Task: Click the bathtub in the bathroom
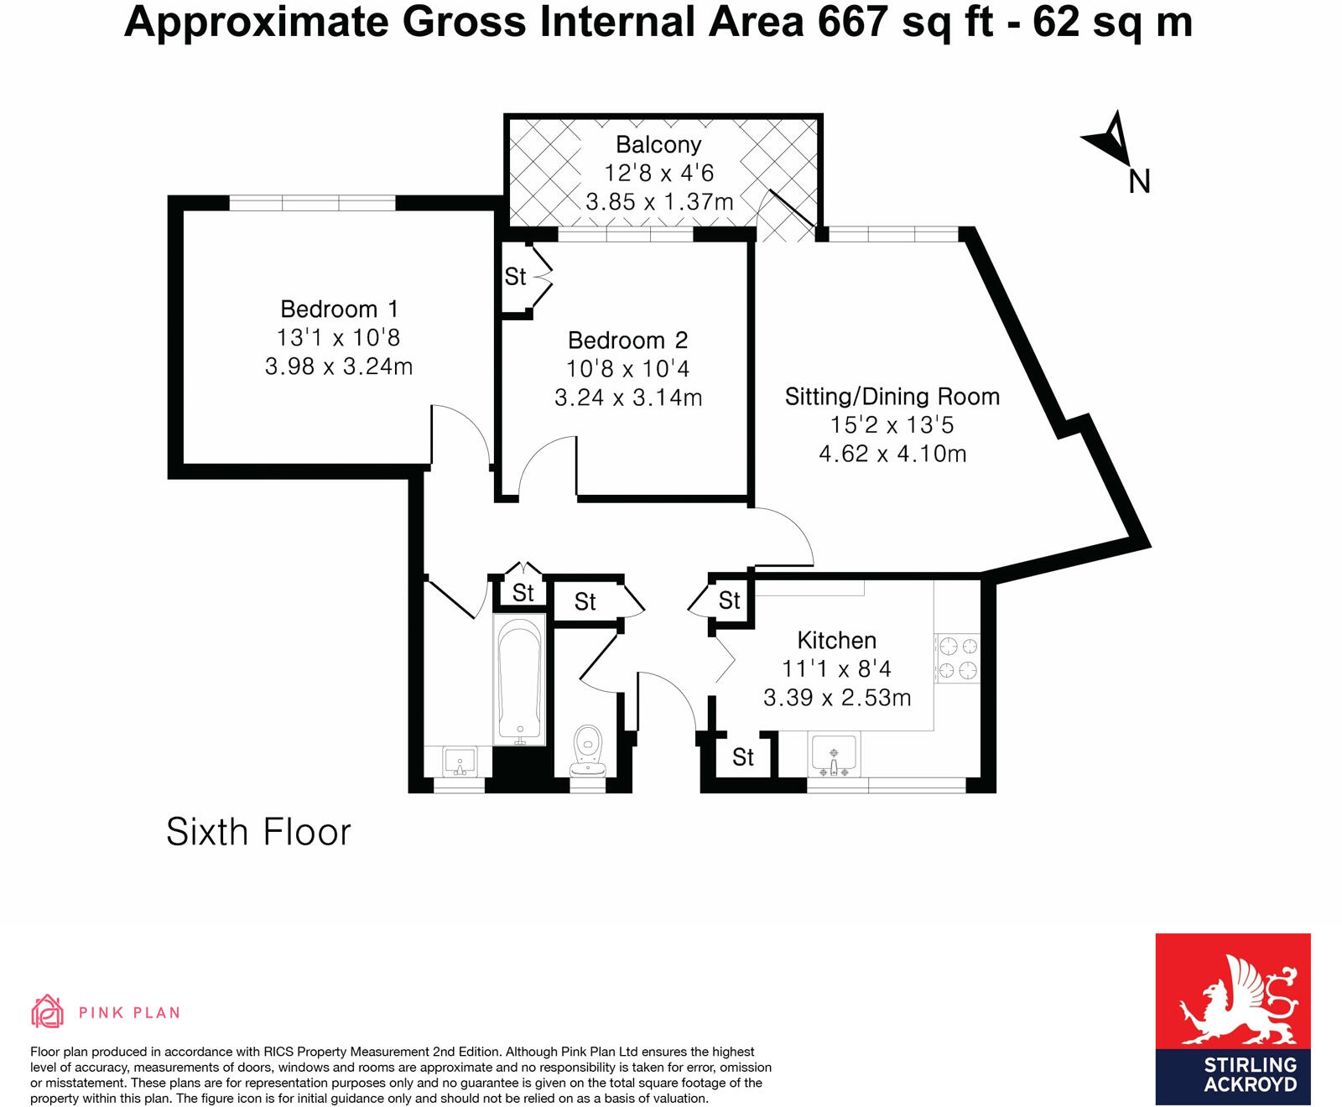[519, 679]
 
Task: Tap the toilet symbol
[588, 749]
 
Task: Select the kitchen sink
[833, 754]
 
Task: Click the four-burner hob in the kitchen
[957, 658]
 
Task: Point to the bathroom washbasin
[459, 762]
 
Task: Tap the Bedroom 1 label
[339, 309]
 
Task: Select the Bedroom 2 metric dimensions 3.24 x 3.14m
[628, 398]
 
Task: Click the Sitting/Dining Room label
[892, 397]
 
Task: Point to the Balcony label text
[658, 145]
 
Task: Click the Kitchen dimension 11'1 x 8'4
[836, 669]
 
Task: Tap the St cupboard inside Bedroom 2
[515, 277]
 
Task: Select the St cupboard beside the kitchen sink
[743, 757]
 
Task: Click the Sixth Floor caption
[258, 832]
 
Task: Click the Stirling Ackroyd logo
[1232, 1018]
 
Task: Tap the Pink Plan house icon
[48, 1011]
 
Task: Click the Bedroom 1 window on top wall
[312, 203]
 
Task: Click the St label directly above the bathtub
[523, 593]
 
